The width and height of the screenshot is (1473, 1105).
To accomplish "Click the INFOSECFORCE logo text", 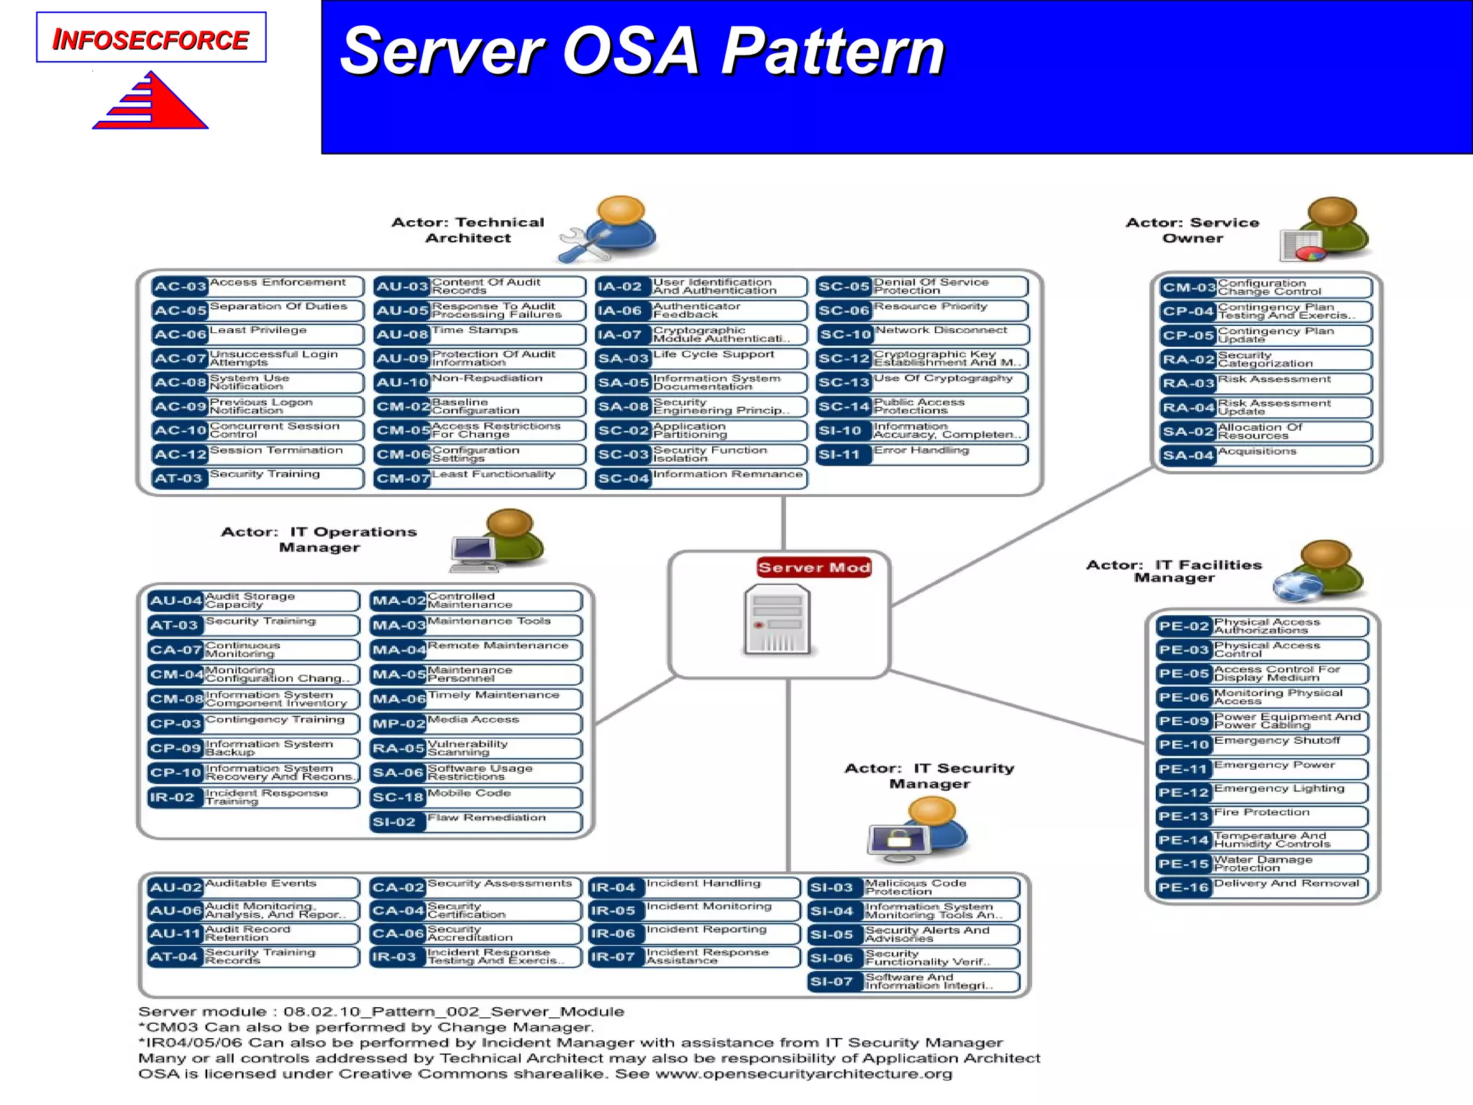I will [151, 39].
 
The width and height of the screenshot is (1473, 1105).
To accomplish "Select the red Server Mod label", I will [814, 568].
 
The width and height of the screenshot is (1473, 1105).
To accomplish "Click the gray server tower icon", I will [777, 620].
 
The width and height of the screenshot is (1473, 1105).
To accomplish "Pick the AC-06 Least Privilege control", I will [257, 334].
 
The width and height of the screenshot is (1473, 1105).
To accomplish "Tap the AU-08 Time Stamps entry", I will [479, 334].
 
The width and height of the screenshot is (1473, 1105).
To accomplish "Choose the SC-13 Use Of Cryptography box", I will [922, 382].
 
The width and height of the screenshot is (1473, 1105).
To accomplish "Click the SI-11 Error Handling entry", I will [922, 454].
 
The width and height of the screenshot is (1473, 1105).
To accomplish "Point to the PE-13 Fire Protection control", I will [1262, 816].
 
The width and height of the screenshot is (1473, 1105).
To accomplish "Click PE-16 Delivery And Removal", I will [1262, 887].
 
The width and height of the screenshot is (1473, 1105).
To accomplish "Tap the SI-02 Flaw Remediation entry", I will [475, 822].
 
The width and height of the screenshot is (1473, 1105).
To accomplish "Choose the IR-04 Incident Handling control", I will [694, 887].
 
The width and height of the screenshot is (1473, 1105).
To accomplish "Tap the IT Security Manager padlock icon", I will [900, 839].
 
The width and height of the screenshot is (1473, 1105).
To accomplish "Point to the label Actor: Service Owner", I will [1192, 230].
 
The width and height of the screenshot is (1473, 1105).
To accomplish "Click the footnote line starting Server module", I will [381, 1011].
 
